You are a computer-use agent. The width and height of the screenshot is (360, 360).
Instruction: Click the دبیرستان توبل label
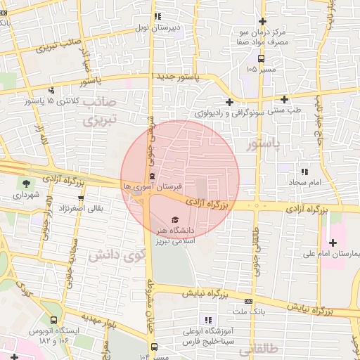159,29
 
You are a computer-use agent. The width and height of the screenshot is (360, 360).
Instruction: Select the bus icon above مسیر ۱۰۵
262,58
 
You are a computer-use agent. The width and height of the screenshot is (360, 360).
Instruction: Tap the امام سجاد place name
304,182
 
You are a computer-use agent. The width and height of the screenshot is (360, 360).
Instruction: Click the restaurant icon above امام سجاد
304,171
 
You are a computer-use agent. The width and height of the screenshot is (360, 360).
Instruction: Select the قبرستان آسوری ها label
153,187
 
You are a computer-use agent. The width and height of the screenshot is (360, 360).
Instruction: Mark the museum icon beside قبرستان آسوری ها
153,176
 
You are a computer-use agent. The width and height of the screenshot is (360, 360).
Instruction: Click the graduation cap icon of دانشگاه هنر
174,219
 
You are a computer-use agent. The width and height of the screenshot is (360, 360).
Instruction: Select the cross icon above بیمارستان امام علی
332,242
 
